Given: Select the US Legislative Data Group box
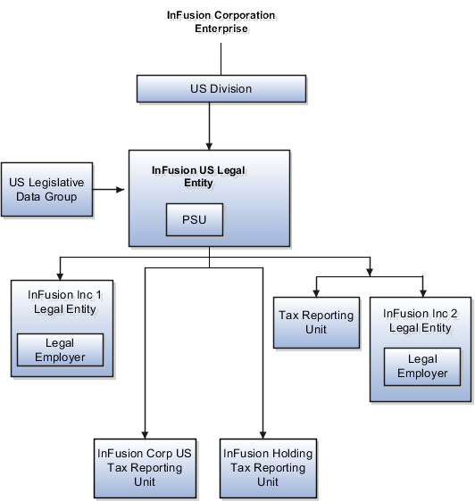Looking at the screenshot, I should (x=47, y=189).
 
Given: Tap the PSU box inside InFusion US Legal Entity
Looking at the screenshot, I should (x=194, y=219).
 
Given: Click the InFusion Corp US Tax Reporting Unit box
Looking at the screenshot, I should (x=144, y=467).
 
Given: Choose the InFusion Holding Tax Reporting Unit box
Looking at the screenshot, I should (x=268, y=467).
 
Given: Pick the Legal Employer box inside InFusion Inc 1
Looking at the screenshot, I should (x=61, y=349).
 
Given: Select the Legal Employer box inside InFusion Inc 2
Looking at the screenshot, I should (x=422, y=365).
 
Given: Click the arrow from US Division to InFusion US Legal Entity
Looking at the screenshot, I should (x=209, y=125).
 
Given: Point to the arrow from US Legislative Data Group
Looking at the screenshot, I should (x=111, y=189).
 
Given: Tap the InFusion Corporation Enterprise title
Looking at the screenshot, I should (x=222, y=23).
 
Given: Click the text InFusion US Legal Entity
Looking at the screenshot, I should (x=197, y=176).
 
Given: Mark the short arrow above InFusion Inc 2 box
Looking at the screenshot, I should (x=422, y=285).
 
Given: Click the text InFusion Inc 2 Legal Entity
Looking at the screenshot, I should (x=420, y=320).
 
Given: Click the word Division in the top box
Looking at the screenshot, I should (x=230, y=89).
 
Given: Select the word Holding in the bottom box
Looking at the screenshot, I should (x=290, y=454).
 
